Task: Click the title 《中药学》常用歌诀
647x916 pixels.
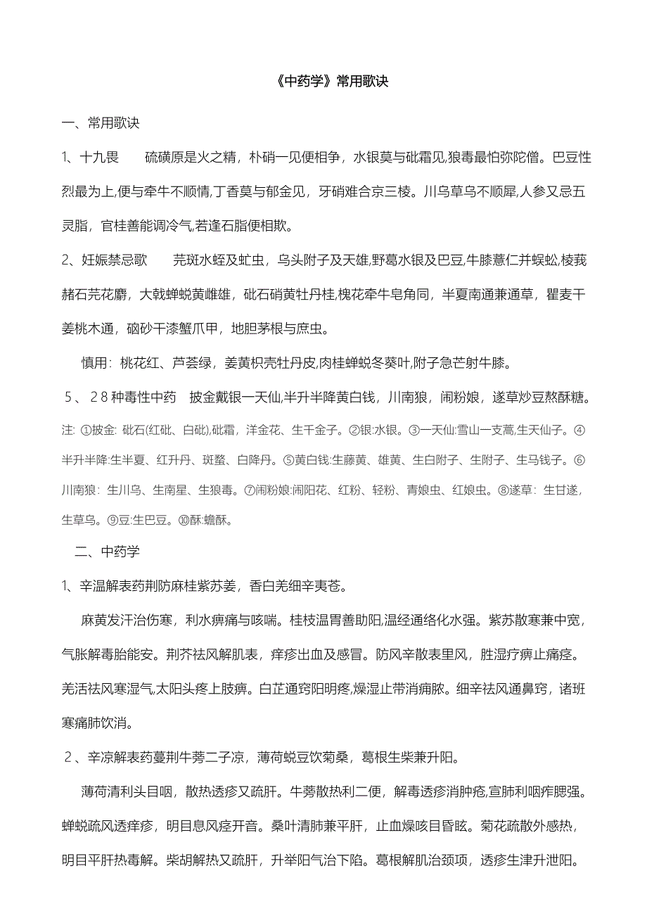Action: (x=323, y=82)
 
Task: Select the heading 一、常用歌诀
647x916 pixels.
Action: (x=101, y=123)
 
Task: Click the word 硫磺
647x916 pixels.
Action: (x=158, y=157)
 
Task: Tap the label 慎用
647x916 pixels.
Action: (x=95, y=363)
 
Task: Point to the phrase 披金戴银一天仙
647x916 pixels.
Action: (x=236, y=397)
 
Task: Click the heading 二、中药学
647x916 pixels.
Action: (x=107, y=552)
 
